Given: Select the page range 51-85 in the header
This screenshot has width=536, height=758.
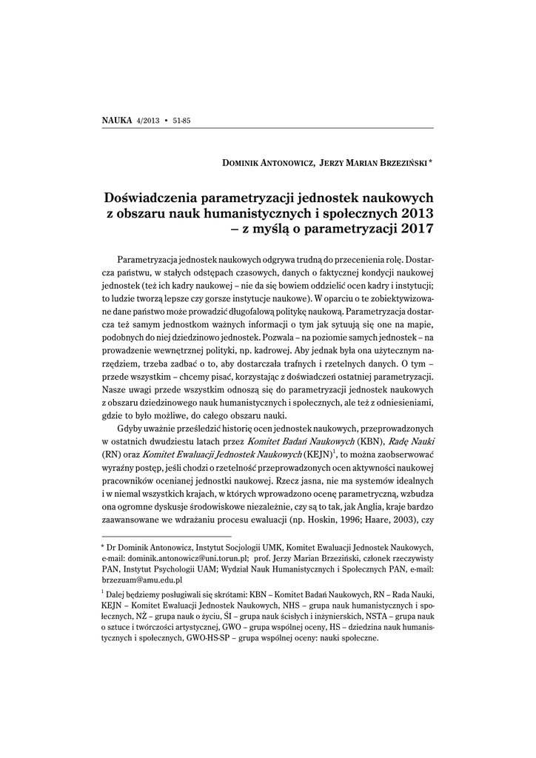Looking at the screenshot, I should [x=181, y=121].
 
